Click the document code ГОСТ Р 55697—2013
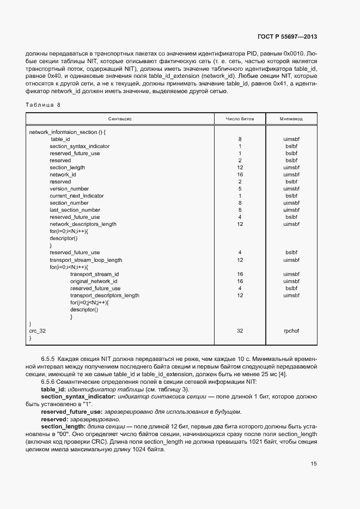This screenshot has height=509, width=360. click(x=286, y=36)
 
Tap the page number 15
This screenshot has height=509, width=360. click(x=314, y=464)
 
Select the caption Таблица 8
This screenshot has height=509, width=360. click(x=44, y=104)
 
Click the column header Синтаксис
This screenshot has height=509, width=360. click(x=120, y=119)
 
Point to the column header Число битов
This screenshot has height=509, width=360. click(x=240, y=119)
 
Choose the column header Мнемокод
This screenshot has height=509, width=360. click(x=291, y=119)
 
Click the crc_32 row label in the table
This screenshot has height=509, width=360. click(x=38, y=330)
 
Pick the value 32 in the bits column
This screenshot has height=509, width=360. click(x=240, y=330)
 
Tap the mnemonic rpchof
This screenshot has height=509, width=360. click(x=291, y=330)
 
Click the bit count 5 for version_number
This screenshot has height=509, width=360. click(x=240, y=188)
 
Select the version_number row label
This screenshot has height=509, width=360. click(x=69, y=188)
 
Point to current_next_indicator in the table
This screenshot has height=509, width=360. click(x=76, y=195)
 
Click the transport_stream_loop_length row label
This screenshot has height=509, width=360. click(x=86, y=260)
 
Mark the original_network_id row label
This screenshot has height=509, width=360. click(x=94, y=281)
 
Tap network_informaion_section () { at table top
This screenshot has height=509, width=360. click(x=67, y=132)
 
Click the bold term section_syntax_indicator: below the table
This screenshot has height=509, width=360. click(x=82, y=397)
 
